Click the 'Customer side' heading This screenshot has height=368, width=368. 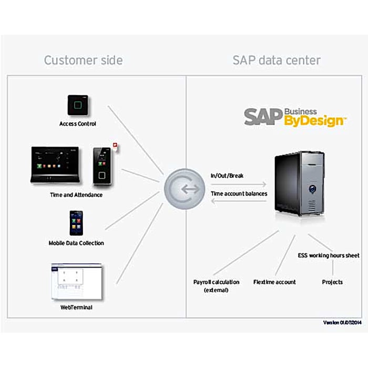click(83, 60)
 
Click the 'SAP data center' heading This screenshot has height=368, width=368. click(277, 60)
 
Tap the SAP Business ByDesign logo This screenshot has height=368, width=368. click(295, 117)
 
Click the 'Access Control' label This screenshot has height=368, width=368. click(78, 124)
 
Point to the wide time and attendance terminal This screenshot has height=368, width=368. click(58, 165)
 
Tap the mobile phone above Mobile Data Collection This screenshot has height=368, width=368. click(76, 223)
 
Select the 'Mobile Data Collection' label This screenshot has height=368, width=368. click(76, 243)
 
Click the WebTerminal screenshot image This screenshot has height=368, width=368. click(76, 281)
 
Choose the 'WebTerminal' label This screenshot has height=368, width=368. click(77, 307)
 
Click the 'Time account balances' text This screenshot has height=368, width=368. click(239, 193)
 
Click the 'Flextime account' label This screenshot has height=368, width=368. click(274, 282)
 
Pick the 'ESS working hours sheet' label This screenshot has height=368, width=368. click(329, 255)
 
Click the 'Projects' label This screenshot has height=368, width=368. click(332, 282)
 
